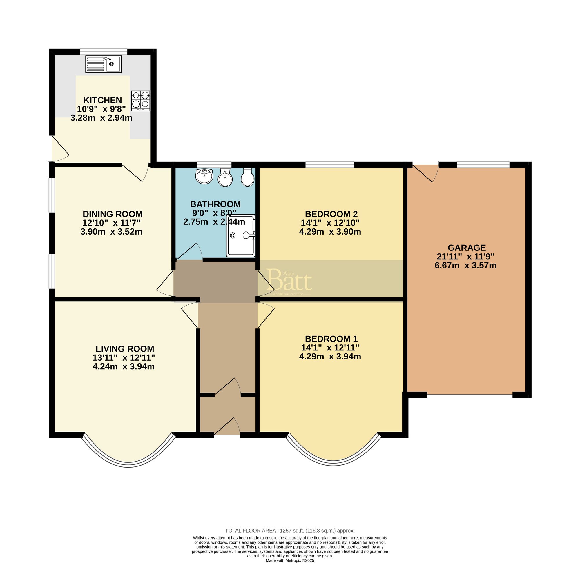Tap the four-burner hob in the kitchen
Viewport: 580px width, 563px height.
[141, 101]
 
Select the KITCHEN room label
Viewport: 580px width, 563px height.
[102, 100]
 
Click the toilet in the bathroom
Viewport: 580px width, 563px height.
[248, 177]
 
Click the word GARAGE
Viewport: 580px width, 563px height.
[466, 248]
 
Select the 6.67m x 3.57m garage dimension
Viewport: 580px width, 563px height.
[465, 265]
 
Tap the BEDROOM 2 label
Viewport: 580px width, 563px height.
[331, 214]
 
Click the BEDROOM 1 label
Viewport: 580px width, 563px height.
[331, 338]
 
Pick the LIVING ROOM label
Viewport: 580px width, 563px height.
[125, 349]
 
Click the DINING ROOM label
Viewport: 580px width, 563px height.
[113, 214]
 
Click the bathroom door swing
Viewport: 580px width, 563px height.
[189, 252]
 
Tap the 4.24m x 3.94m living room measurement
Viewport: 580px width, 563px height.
[124, 366]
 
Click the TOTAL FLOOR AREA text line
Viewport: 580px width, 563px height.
[290, 531]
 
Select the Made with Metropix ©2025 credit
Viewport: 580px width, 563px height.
[290, 560]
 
